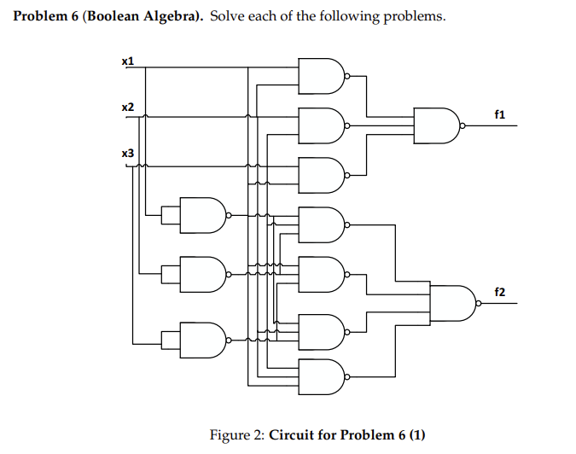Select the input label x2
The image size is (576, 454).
tap(128, 108)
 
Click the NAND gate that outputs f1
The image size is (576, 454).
tap(436, 125)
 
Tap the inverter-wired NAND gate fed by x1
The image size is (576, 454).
tap(202, 216)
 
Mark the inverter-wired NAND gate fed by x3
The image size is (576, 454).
tap(202, 338)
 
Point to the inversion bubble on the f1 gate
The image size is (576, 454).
tap(463, 125)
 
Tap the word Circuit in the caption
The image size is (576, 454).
tap(293, 435)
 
